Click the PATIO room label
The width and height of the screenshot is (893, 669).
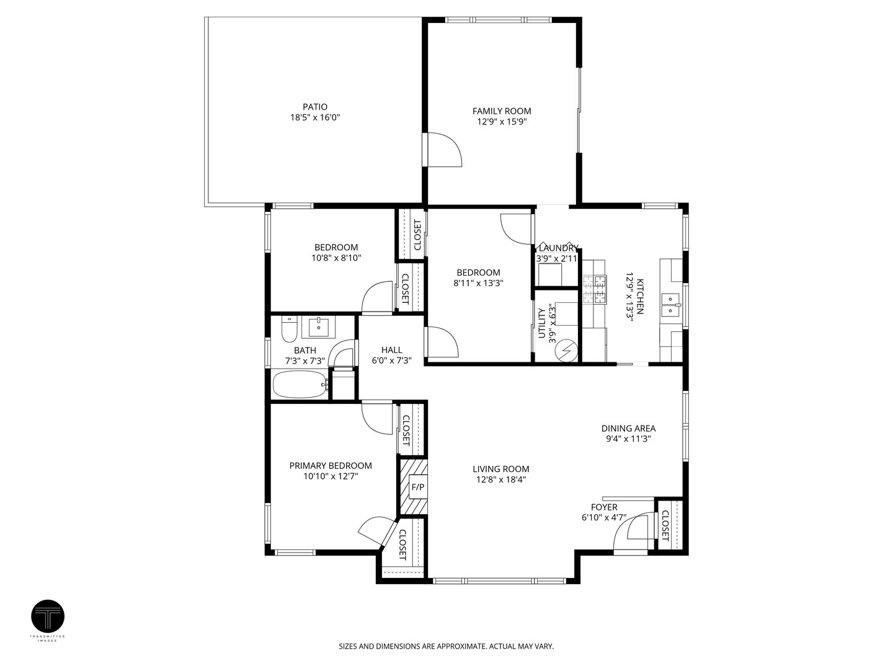315,107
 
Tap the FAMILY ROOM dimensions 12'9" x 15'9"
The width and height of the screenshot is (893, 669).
502,121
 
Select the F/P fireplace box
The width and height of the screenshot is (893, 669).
418,487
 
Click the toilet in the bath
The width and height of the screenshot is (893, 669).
289,329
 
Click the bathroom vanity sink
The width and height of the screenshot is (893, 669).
319,328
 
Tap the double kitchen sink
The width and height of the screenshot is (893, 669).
670,305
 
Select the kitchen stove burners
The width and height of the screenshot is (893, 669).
594,290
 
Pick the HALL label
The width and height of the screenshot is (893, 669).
392,350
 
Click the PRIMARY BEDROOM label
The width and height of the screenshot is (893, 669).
331,465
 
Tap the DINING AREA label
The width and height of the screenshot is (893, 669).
629,428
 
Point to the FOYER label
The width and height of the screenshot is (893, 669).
604,507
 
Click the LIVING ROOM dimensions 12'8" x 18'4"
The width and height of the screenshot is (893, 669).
501,479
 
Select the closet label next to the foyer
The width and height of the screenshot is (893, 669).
665,526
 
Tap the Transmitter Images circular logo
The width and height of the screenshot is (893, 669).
48,616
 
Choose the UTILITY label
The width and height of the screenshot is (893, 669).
542,323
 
